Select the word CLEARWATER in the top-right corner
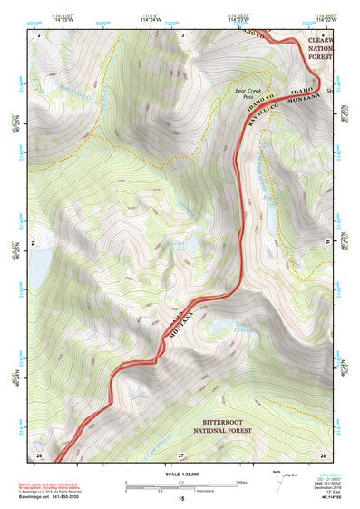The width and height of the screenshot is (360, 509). (x=321, y=41)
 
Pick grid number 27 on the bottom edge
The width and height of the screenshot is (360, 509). (x=181, y=455)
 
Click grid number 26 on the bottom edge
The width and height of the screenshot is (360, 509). (x=38, y=455)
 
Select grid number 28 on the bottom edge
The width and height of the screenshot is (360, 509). (x=322, y=455)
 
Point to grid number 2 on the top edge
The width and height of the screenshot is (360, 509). (x=38, y=34)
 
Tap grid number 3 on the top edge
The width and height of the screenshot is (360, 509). (x=181, y=34)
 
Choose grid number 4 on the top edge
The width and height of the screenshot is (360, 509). (x=323, y=34)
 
